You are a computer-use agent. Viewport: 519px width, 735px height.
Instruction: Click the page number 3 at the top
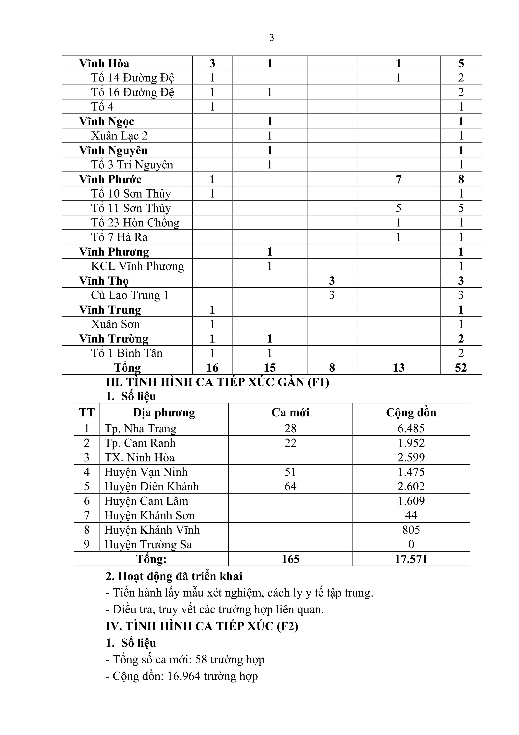pos(272,38)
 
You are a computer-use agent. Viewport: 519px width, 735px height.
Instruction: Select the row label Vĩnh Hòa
pos(104,63)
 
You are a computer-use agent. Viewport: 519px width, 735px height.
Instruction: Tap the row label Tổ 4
pos(102,107)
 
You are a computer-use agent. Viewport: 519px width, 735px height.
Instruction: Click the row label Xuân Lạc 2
pos(119,136)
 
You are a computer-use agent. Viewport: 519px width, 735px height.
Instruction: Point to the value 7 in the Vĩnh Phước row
pos(399,179)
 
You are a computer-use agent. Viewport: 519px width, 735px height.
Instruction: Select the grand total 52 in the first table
pos(461,367)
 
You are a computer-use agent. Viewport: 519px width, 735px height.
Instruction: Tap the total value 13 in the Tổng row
pos(399,367)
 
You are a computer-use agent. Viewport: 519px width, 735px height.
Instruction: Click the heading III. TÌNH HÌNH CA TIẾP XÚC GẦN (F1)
pos(217,382)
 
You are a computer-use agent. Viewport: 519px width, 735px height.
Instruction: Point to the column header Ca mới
pos(290,412)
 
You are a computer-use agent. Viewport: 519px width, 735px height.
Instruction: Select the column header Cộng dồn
pos(411,412)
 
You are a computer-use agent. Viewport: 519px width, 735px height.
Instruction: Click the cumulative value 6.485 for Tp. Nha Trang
pos(411,428)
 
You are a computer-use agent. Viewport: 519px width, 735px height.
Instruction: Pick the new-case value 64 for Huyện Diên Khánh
pos(290,487)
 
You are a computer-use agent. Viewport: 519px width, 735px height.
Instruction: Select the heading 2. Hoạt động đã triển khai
pos(174,576)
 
